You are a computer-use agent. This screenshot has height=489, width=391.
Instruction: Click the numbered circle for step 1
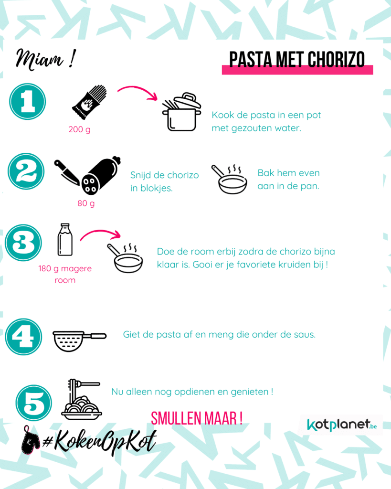point(27,101)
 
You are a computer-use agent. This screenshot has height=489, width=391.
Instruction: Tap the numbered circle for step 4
point(23,337)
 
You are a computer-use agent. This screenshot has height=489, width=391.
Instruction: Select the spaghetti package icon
point(90,102)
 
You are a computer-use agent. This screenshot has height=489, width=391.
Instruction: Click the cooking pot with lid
point(181,112)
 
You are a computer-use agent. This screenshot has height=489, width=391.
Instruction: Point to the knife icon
point(67,172)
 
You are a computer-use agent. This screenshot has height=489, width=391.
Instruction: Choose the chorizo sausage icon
point(101,175)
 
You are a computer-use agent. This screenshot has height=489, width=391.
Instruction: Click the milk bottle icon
point(65,240)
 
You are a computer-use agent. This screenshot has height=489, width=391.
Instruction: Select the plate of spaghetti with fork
point(82,400)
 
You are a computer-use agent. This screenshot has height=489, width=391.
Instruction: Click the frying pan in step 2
point(230,180)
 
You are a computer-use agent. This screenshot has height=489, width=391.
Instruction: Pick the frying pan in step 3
point(125,258)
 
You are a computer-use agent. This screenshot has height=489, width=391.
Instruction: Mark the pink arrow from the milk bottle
point(101,233)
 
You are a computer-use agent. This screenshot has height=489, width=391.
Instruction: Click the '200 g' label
point(80,129)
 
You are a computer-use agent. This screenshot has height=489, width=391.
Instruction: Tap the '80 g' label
point(86,203)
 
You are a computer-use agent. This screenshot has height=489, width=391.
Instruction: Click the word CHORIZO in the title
point(336,59)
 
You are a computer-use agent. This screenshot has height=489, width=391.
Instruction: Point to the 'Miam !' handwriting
point(45,59)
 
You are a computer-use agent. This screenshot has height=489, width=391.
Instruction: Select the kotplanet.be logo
point(342,425)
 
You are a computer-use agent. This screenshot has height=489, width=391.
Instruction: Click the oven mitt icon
point(30,440)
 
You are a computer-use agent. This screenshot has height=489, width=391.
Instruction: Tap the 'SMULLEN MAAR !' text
point(197,418)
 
